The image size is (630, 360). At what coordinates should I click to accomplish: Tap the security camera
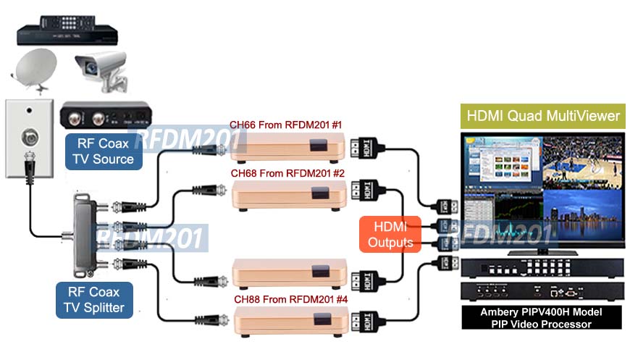(101, 71)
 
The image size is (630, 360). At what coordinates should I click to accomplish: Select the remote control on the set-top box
(67, 23)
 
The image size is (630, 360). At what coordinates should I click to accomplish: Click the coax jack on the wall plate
(30, 138)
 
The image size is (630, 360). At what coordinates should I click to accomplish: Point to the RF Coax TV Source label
(104, 151)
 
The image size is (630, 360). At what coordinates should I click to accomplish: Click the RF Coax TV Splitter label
(94, 300)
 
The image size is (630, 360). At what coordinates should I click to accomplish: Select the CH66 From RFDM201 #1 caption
(285, 125)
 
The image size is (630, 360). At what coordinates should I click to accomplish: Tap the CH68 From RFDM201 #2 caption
(287, 173)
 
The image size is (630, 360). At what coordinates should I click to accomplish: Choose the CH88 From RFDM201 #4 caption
(290, 299)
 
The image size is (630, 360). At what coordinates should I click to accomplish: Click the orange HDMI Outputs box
(390, 235)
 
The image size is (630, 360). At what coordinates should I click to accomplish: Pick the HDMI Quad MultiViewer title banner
(543, 116)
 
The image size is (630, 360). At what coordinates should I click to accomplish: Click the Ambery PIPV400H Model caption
(541, 312)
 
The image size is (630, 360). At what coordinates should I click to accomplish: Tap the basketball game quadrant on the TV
(582, 163)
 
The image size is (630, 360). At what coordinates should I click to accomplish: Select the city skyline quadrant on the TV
(582, 216)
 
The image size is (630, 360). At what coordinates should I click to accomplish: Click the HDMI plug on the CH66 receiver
(367, 148)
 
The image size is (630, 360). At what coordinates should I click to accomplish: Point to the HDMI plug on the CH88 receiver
(368, 322)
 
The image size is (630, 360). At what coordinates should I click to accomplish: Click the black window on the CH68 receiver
(320, 193)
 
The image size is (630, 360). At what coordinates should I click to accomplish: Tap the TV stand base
(542, 252)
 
